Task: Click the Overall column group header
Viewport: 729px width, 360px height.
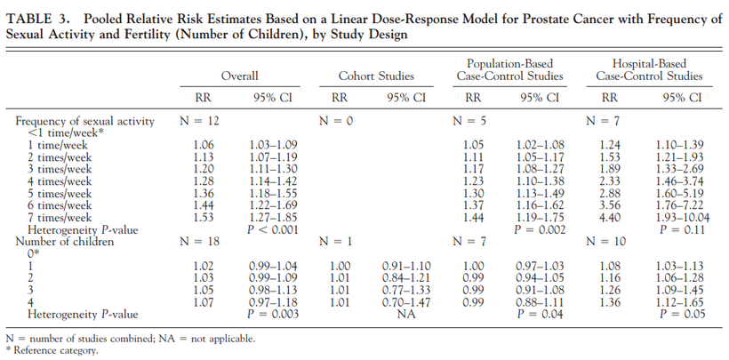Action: pyautogui.click(x=239, y=76)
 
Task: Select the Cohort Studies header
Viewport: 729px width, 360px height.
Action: pyautogui.click(x=376, y=76)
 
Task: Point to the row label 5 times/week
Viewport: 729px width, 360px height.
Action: pyautogui.click(x=60, y=193)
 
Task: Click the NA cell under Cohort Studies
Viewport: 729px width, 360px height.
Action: pyautogui.click(x=406, y=314)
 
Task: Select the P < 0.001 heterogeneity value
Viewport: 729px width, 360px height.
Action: pyautogui.click(x=273, y=229)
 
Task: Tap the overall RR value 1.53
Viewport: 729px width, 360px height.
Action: pyautogui.click(x=203, y=217)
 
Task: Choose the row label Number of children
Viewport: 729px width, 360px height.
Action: pyautogui.click(x=65, y=242)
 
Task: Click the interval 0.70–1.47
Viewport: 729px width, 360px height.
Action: pyautogui.click(x=406, y=302)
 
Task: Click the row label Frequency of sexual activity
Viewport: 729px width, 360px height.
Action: pyautogui.click(x=84, y=121)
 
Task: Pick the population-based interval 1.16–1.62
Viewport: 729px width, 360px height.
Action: pyautogui.click(x=540, y=205)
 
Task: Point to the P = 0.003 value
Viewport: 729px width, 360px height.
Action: pyautogui.click(x=273, y=314)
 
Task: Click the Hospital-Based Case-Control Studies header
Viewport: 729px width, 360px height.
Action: pyautogui.click(x=649, y=69)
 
